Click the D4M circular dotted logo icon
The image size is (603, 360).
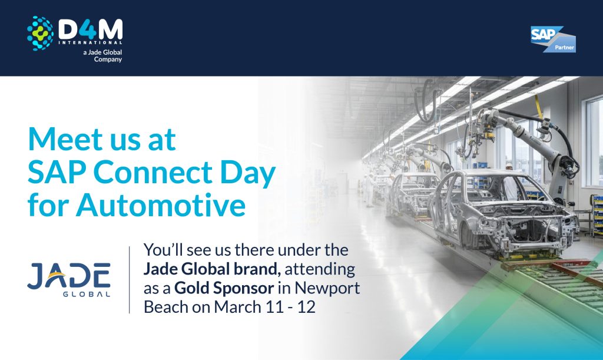click(x=40, y=33)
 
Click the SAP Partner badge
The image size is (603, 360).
click(x=553, y=39)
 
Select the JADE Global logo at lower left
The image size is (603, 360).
click(x=68, y=279)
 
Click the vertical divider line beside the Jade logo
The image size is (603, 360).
click(x=130, y=280)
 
